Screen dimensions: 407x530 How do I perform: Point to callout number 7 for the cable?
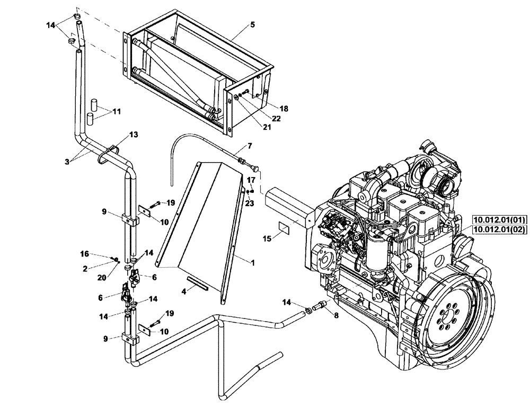[x=250, y=145]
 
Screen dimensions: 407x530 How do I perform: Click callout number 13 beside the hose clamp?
[x=134, y=135]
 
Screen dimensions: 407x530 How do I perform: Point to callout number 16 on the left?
[x=84, y=254]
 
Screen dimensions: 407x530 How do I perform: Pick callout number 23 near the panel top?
[x=250, y=202]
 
